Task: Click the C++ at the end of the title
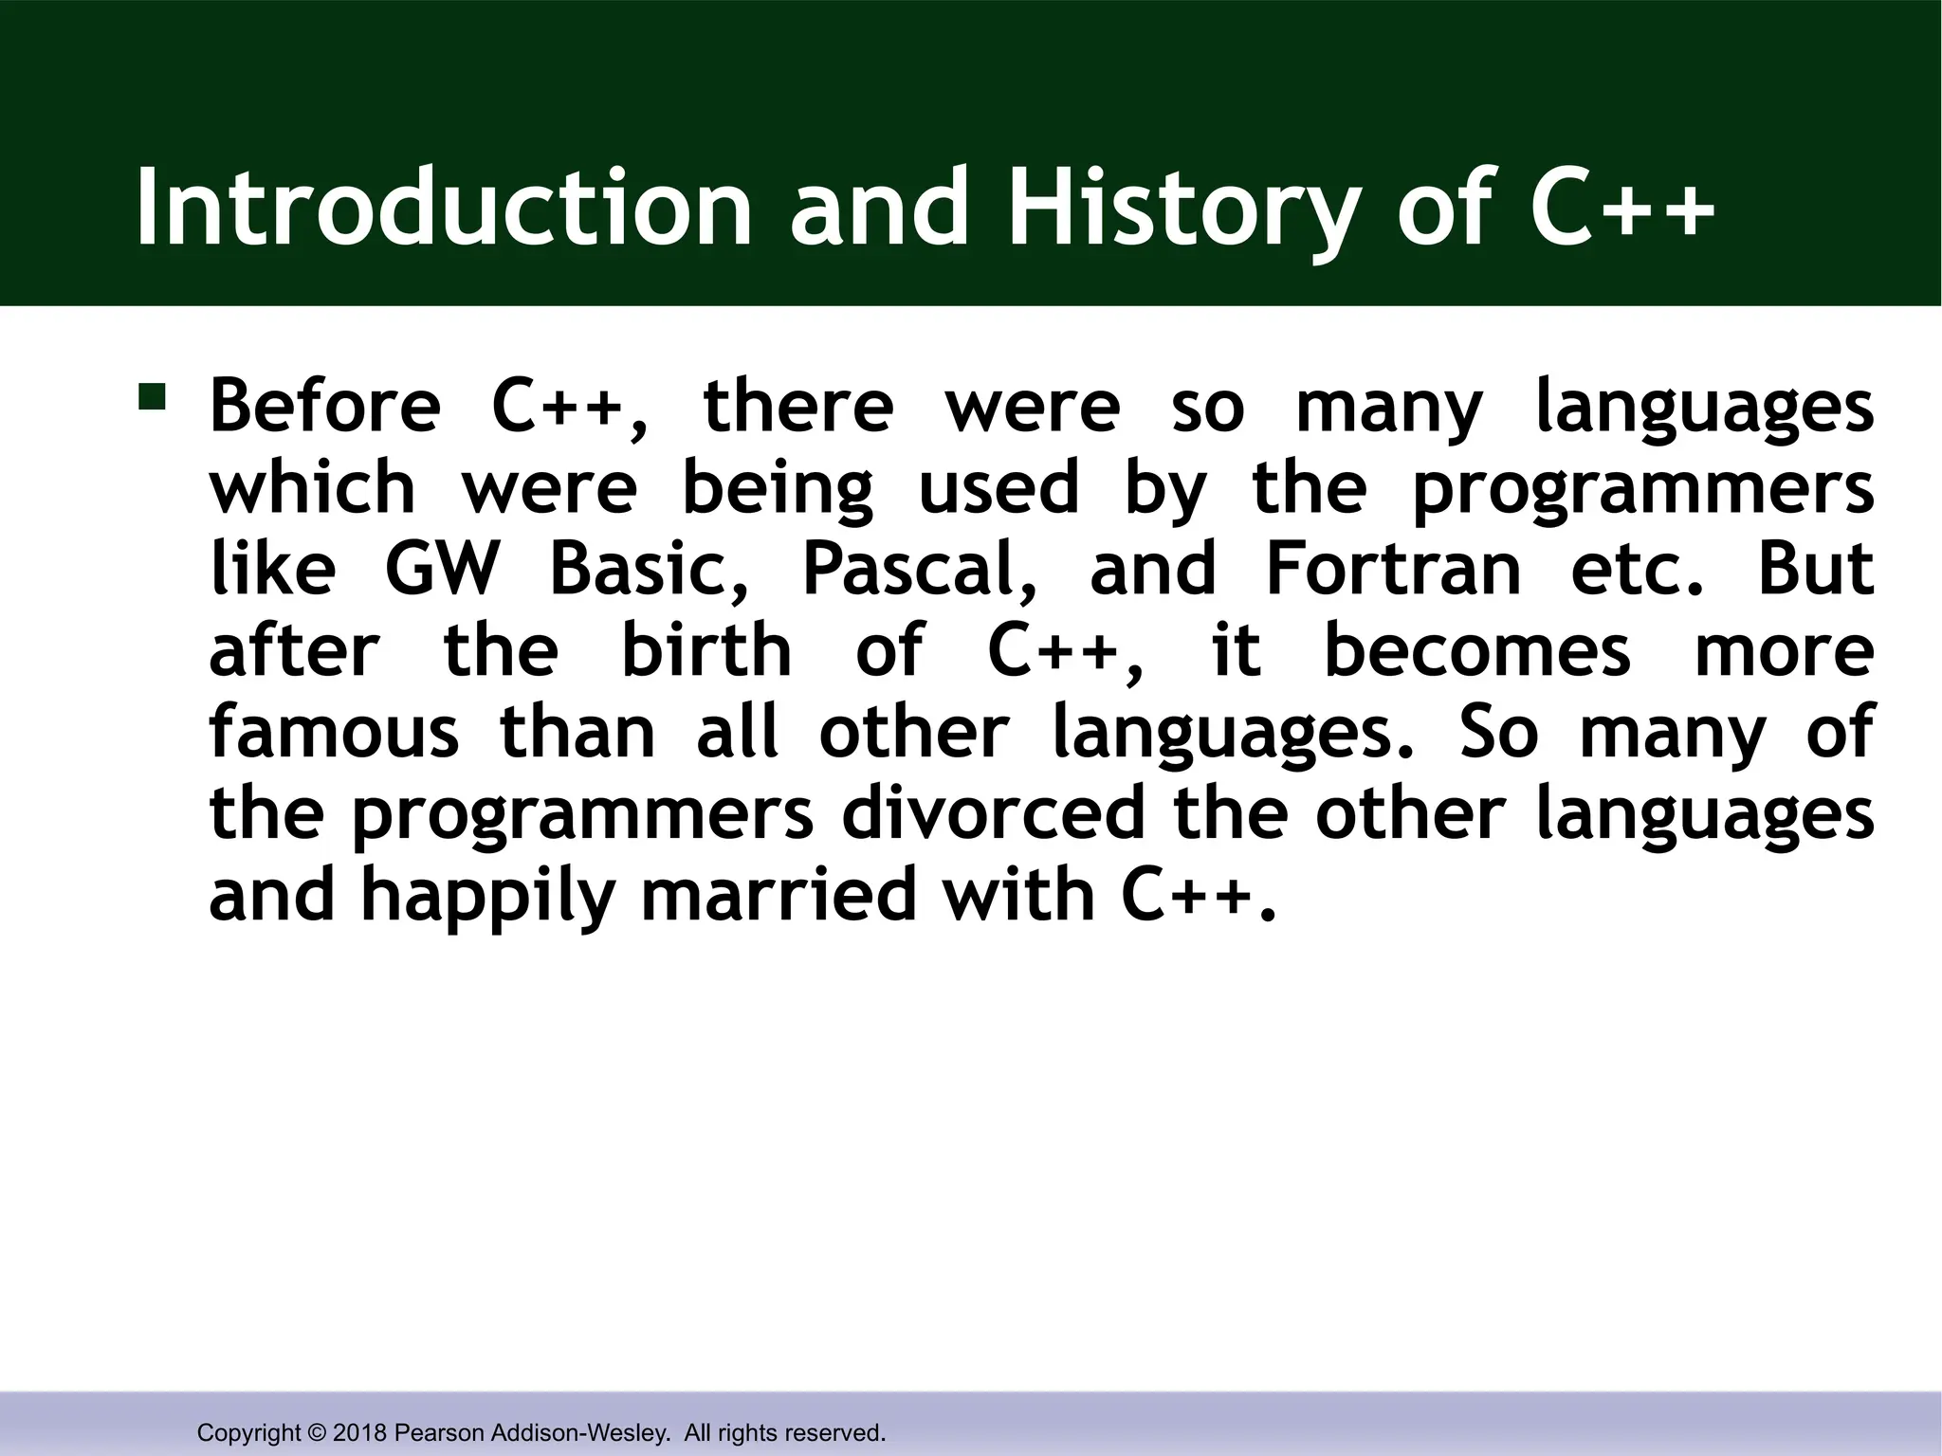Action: [x=1621, y=208]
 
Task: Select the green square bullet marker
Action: [x=152, y=395]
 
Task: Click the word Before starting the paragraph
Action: [x=325, y=406]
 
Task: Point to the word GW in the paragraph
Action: [x=441, y=569]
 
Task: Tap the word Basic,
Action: [x=649, y=569]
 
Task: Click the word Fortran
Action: [x=1393, y=569]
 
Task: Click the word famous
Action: [x=334, y=732]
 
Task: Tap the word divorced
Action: [x=993, y=813]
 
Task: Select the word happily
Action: [x=488, y=897]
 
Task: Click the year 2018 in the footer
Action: [x=359, y=1433]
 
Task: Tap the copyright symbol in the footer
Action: [x=317, y=1433]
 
